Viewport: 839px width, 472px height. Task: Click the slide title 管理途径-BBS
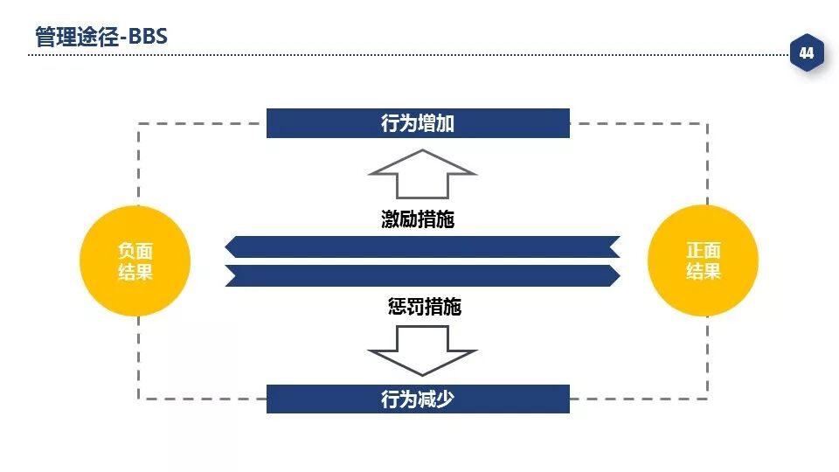click(101, 37)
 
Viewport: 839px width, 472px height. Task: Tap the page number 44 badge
click(806, 54)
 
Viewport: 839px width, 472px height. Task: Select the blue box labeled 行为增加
click(418, 123)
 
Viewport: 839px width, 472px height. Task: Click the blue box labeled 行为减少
click(418, 399)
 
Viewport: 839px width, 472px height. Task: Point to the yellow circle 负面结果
click(135, 260)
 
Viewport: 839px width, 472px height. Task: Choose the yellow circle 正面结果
click(703, 260)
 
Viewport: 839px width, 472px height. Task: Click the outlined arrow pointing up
click(422, 174)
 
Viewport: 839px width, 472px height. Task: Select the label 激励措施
click(418, 219)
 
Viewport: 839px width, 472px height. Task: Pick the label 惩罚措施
click(424, 307)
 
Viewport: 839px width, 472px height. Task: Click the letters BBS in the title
click(148, 37)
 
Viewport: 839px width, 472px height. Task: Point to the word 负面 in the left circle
click(135, 251)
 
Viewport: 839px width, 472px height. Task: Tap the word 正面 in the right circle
click(703, 251)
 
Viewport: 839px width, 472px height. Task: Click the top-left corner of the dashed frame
click(139, 124)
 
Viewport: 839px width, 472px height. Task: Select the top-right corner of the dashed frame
click(707, 124)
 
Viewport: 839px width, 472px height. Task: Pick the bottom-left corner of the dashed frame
click(139, 399)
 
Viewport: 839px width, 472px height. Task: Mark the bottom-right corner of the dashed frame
click(707, 399)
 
